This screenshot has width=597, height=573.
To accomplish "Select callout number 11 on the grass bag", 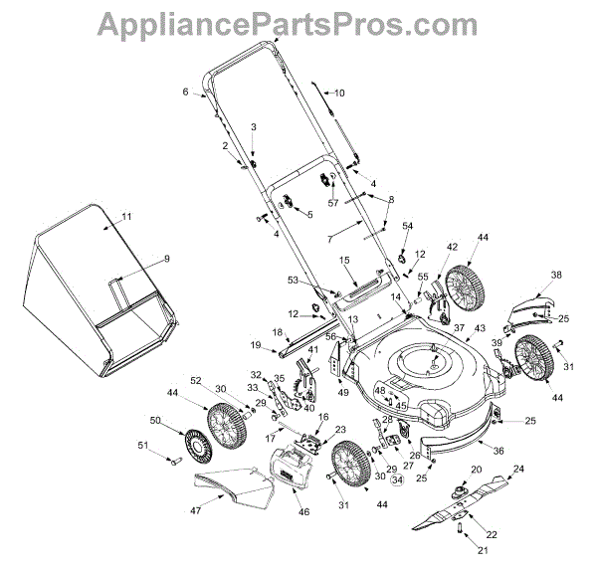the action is (x=126, y=217).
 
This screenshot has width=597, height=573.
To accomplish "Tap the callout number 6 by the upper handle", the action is (x=185, y=92).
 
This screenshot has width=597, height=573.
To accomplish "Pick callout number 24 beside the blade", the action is (x=517, y=469).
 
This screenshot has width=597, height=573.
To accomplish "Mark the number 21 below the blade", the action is (x=484, y=550).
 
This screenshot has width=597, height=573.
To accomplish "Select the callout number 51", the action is (x=155, y=445).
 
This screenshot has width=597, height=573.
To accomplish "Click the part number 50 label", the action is (x=155, y=421).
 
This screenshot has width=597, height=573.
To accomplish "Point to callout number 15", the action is (x=344, y=261).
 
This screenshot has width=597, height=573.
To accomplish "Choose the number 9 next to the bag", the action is (x=167, y=259).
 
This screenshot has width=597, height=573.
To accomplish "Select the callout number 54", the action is (x=406, y=227).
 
